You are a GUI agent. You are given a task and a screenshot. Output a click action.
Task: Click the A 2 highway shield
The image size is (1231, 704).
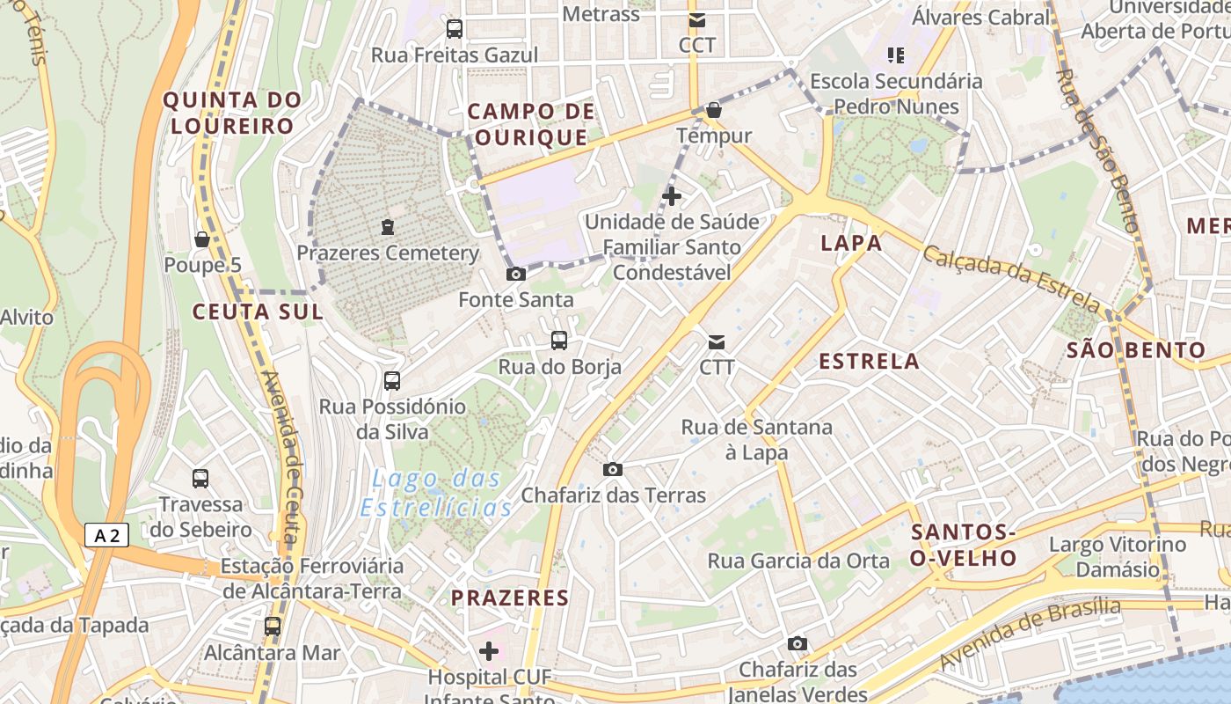point(107,534)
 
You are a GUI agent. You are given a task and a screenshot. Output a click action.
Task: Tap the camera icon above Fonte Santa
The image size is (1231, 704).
point(516,275)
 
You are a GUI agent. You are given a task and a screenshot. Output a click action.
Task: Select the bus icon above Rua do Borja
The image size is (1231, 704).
point(559,341)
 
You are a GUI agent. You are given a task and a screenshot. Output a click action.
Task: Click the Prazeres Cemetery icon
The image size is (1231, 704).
point(388,227)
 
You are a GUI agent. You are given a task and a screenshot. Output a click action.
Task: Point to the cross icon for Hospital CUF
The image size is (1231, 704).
point(489,651)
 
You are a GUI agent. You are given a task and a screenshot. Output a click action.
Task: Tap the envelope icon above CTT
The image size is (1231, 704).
point(717,341)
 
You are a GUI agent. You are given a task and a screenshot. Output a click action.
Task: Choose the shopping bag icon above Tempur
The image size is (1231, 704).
point(714,110)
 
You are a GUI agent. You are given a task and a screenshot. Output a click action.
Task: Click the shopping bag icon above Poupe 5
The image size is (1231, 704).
point(201,239)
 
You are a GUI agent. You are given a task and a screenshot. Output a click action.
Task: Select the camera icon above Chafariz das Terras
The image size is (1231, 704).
point(613,470)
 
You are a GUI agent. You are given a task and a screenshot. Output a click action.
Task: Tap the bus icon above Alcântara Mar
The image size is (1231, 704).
point(273,627)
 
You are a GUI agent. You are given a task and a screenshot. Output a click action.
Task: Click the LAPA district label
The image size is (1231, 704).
point(851,244)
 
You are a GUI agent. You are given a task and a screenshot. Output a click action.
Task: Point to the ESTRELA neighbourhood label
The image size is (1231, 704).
point(869,361)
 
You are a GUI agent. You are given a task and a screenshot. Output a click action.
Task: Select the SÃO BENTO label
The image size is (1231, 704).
point(1135,350)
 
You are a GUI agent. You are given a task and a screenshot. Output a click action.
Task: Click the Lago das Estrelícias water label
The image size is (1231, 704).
point(437,494)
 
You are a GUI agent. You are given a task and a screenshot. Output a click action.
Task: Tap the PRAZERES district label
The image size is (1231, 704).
point(510,598)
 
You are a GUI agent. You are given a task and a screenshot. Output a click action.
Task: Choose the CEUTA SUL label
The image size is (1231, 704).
point(258,312)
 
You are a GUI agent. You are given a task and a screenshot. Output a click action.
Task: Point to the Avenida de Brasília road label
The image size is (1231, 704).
point(1030,634)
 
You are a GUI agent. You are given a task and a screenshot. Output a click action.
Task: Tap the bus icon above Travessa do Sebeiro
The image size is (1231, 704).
point(200,479)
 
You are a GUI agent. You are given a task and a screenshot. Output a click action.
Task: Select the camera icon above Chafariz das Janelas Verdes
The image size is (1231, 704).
point(798,644)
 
